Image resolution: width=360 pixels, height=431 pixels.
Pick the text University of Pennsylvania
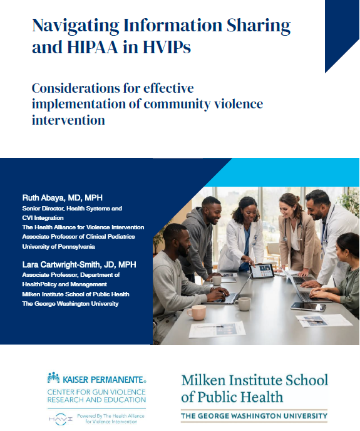pyautogui.click(x=59, y=246)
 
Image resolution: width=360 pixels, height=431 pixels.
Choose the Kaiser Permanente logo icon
pyautogui.click(x=53, y=378)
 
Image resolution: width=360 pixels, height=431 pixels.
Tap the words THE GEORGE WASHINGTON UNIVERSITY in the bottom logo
pyautogui.click(x=254, y=416)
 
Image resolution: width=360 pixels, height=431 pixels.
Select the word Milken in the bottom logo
pyautogui.click(x=201, y=380)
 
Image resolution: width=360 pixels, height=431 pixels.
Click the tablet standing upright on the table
pyautogui.click(x=262, y=271)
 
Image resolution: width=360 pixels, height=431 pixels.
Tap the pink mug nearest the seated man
pyautogui.click(x=196, y=312)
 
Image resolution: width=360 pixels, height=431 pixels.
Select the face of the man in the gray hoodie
pyautogui.click(x=211, y=211)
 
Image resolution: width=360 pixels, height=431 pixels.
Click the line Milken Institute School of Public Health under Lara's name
pyautogui.click(x=66, y=294)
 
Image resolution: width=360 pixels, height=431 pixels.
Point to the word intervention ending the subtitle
pyautogui.click(x=68, y=119)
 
